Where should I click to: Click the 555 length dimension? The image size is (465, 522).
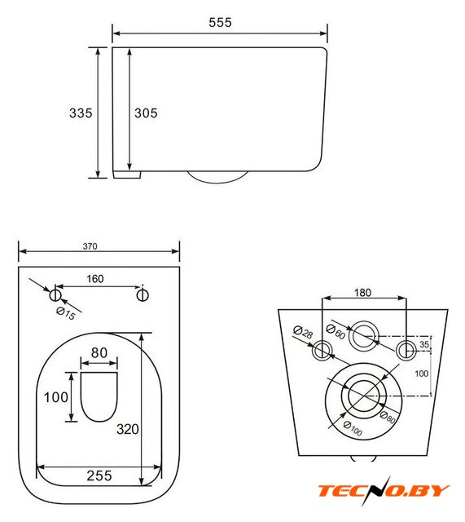tap(220, 23)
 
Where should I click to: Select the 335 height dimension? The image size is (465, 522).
tap(81, 113)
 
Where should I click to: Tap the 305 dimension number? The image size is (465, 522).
tap(146, 113)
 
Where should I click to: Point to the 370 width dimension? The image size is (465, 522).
tap(90, 246)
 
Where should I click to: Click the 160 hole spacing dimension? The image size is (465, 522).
tap(95, 279)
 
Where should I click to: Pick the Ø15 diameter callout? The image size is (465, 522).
tap(66, 313)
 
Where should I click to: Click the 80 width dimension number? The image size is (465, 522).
tap(99, 353)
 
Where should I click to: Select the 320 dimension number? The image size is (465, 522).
tap(128, 429)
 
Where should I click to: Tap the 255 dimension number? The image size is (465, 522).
tap(99, 476)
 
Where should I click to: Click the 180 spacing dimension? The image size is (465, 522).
tap(362, 293)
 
